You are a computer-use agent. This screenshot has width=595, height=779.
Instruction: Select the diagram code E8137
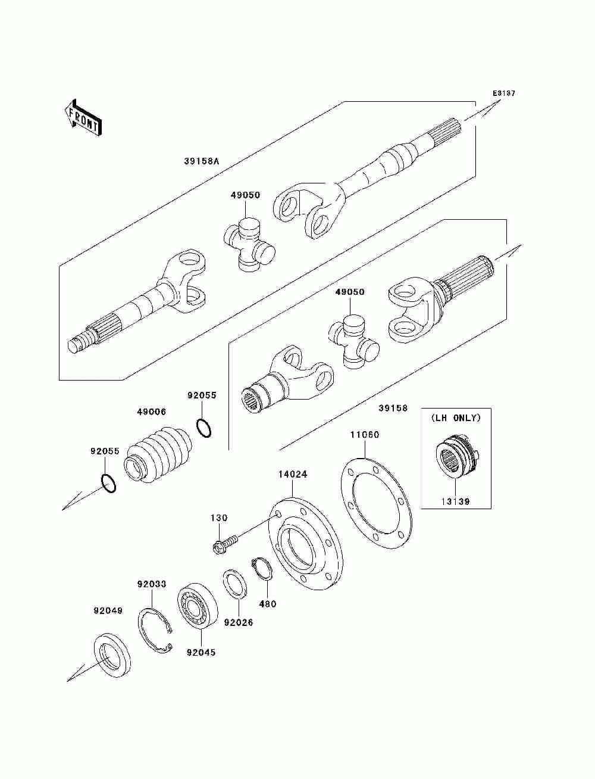[x=503, y=94]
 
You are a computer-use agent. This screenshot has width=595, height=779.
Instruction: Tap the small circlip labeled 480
[x=262, y=569]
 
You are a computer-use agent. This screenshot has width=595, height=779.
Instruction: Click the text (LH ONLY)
[x=456, y=417]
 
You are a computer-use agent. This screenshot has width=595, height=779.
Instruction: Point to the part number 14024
[x=293, y=475]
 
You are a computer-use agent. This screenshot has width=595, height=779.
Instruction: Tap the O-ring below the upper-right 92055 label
[x=203, y=428]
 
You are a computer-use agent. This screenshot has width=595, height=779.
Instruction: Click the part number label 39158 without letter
[x=393, y=408]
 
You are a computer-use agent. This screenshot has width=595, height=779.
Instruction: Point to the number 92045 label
[x=201, y=652]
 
